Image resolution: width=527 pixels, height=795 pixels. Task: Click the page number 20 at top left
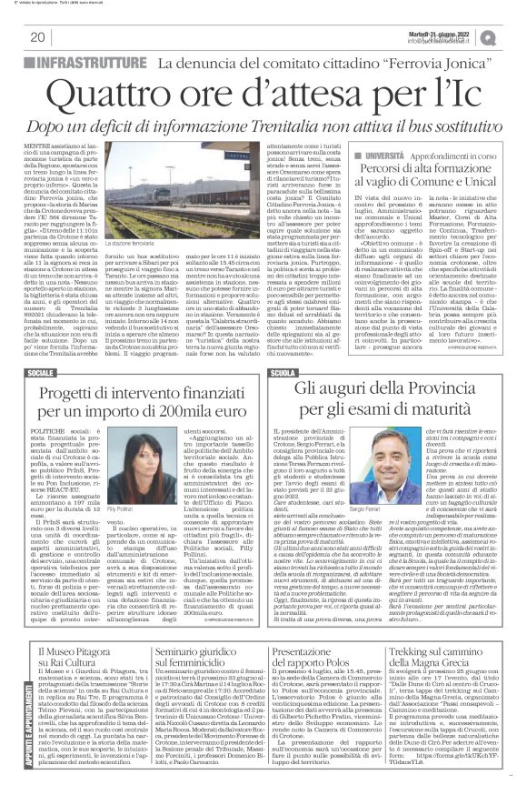click(x=37, y=37)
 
